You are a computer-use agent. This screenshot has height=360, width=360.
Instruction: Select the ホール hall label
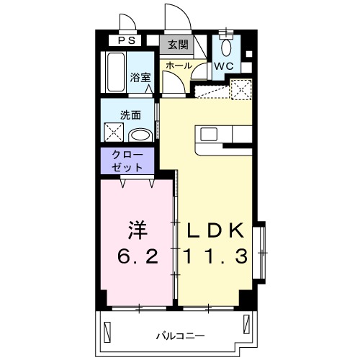pyautogui.click(x=179, y=66)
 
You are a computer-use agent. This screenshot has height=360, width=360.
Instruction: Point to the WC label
pyautogui.click(x=222, y=66)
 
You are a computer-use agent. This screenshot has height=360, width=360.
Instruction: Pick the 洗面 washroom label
pyautogui.click(x=130, y=114)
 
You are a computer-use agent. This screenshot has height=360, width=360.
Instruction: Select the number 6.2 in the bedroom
pyautogui.click(x=138, y=256)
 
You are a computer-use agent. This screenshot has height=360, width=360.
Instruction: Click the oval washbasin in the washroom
pyautogui.click(x=140, y=135)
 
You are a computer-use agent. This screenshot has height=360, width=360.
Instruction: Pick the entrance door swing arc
pyautogui.click(x=175, y=16)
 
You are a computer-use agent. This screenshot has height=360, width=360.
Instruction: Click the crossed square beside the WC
pyautogui.click(x=240, y=91)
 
